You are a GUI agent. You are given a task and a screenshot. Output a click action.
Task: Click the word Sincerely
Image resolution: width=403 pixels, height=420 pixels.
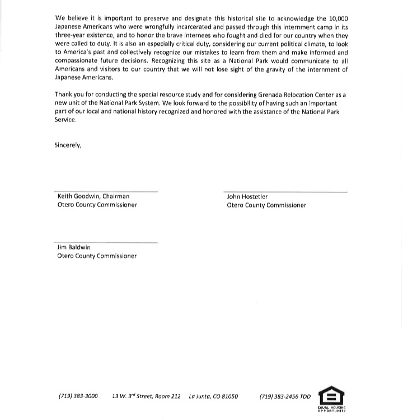click(68, 145)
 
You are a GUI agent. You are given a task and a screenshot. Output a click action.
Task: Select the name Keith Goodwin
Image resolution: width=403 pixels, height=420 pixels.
click(76, 196)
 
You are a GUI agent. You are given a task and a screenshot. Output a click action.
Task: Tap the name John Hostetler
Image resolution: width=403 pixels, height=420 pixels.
click(247, 197)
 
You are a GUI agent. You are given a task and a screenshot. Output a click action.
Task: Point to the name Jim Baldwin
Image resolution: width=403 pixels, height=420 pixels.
click(74, 247)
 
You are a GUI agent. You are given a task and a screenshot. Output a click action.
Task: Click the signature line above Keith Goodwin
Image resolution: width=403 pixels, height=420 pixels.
click(106, 191)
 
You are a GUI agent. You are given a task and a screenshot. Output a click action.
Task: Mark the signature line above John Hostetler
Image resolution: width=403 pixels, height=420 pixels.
click(285, 192)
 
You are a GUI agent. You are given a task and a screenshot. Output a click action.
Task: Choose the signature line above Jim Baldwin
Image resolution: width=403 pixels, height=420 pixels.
click(106, 242)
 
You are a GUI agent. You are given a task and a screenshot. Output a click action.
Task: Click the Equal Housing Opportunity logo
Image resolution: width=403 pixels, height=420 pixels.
click(331, 398)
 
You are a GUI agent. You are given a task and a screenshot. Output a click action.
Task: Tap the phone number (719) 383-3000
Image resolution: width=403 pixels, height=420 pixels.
click(78, 397)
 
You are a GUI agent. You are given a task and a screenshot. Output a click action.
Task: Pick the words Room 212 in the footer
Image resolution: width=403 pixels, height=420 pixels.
click(168, 397)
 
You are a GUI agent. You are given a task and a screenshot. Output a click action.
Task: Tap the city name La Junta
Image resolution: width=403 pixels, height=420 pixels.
click(200, 397)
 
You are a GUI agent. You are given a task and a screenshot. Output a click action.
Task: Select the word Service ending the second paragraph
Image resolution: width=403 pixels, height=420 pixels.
click(65, 120)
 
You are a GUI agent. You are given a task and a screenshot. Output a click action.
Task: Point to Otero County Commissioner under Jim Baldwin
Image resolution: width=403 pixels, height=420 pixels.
click(97, 256)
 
